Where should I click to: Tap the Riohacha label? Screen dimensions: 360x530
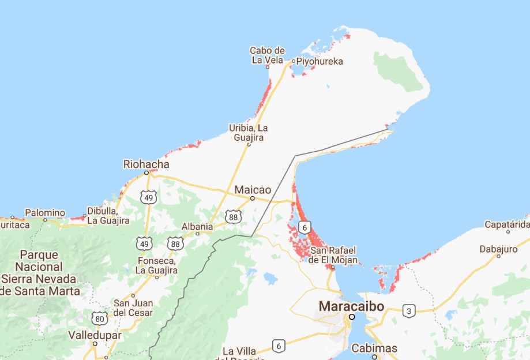[146, 164]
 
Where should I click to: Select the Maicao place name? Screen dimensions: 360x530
[253, 189]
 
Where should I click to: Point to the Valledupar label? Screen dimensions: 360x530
[95, 335]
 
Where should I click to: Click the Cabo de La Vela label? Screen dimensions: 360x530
[268, 55]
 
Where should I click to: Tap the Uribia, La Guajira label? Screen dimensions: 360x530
[249, 132]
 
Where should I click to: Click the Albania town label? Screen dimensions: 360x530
[197, 226]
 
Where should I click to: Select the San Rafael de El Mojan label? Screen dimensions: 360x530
[332, 255]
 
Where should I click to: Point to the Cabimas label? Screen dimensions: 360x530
[374, 348]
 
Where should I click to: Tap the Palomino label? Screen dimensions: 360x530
[45, 212]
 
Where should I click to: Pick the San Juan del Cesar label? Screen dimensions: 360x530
[133, 307]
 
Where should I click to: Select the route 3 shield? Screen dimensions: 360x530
[408, 310]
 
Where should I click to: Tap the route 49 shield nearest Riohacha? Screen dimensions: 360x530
[149, 198]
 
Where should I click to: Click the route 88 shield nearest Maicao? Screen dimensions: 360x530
[233, 217]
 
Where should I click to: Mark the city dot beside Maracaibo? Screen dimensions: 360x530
[351, 316]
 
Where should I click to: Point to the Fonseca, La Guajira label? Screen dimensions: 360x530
[157, 265]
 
